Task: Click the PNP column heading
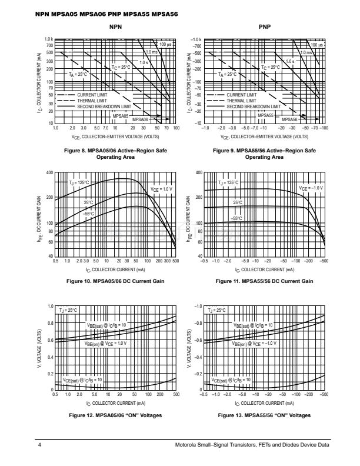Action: pos(265,28)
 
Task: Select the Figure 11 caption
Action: pos(264,281)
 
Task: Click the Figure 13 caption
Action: pos(264,415)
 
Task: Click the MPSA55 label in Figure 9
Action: pos(266,116)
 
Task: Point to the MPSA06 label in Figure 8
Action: pos(140,119)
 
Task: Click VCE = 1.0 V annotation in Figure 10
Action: pos(161,189)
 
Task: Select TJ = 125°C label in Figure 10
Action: pos(78,183)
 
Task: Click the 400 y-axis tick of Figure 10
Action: pos(49,173)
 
